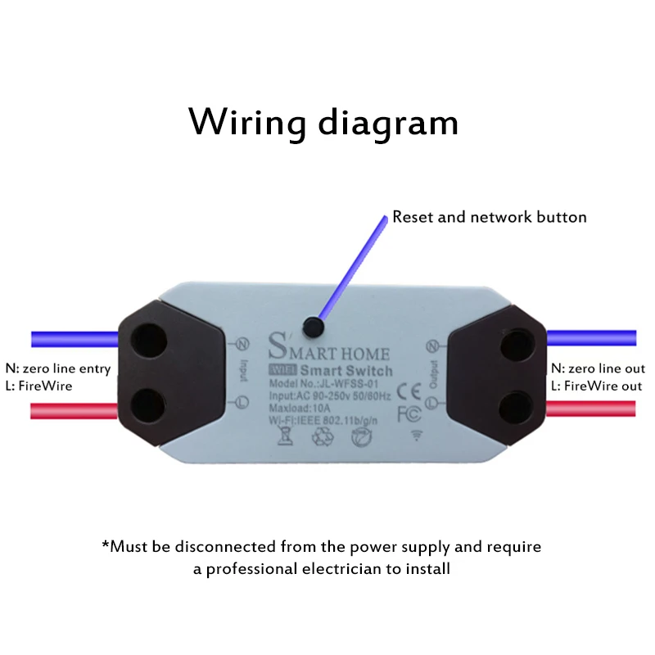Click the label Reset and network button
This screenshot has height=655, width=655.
(490, 217)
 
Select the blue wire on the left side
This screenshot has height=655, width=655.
(74, 338)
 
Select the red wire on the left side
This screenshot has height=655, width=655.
(74, 409)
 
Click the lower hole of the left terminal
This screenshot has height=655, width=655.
(147, 404)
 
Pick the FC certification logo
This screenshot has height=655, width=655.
(408, 413)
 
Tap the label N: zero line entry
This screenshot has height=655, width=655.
(57, 368)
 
